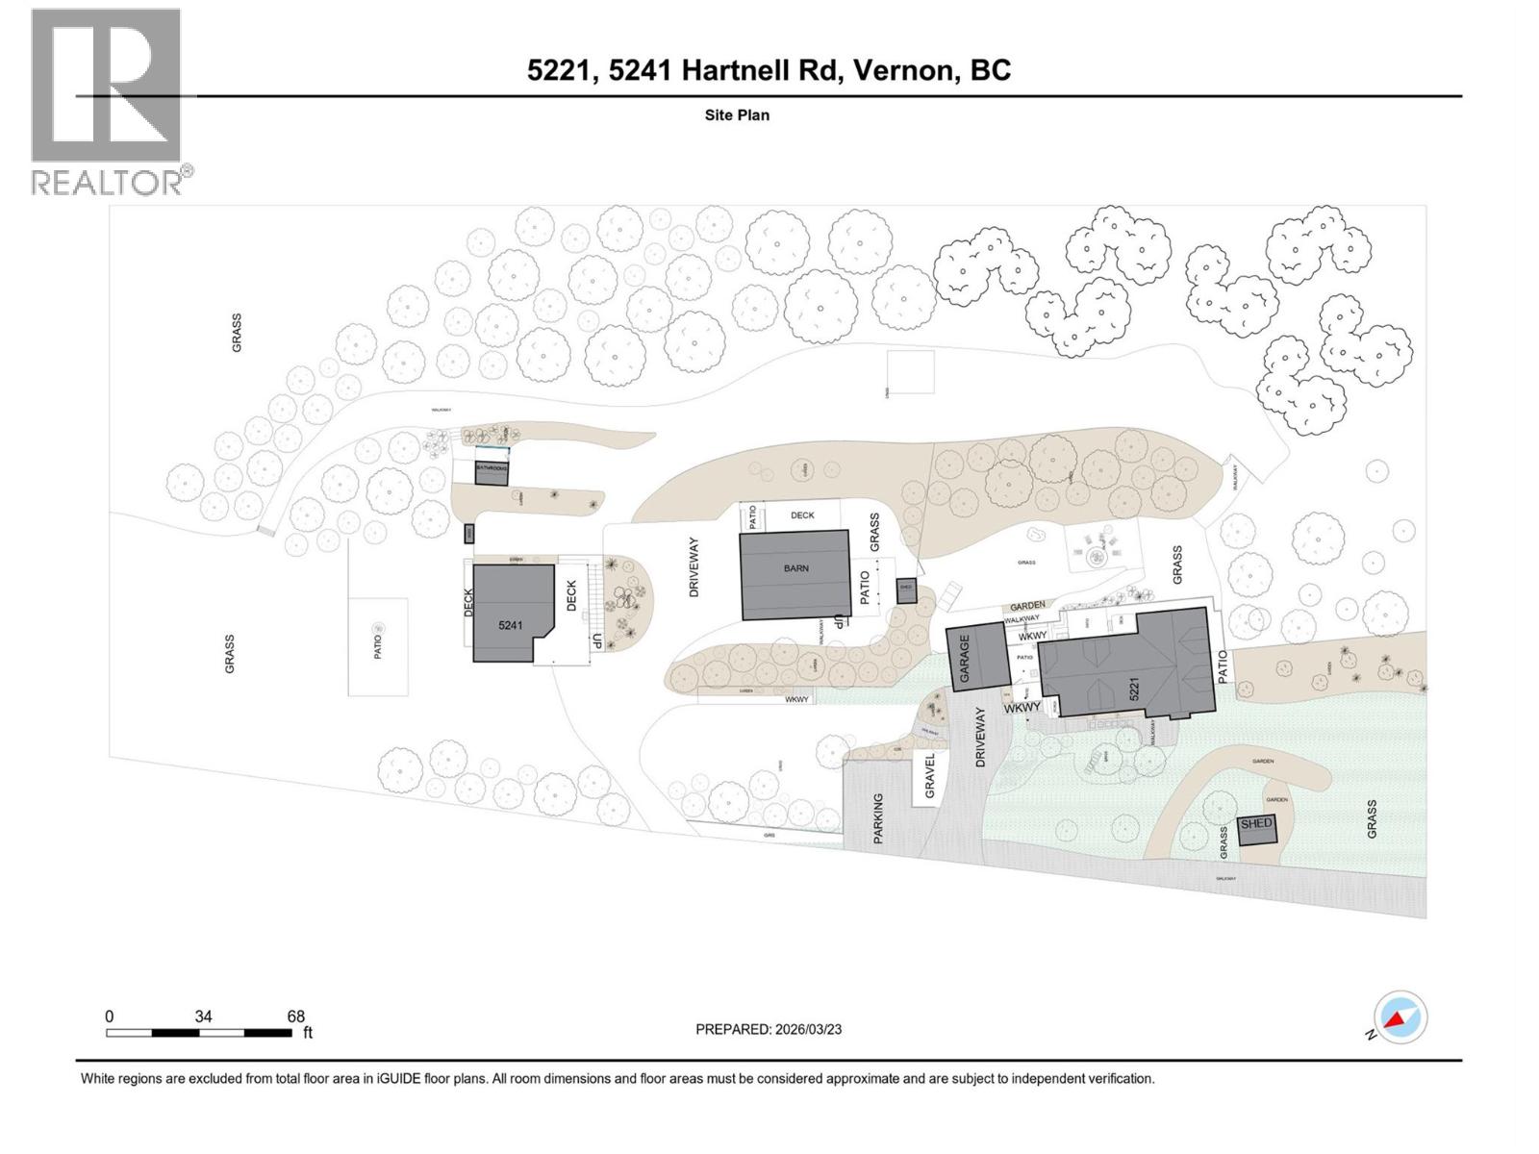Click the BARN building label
click(x=795, y=568)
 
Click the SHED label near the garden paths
click(x=1255, y=824)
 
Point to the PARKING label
click(x=877, y=818)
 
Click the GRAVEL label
click(x=930, y=776)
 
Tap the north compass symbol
click(x=1400, y=1018)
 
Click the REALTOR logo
click(x=108, y=101)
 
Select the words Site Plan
click(x=737, y=115)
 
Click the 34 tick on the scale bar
click(x=203, y=1016)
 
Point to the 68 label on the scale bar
click(x=295, y=1016)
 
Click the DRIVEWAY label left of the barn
click(x=694, y=567)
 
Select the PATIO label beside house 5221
click(x=1224, y=667)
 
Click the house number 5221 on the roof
click(x=1134, y=690)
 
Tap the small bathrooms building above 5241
click(x=492, y=471)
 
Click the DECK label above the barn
click(x=802, y=515)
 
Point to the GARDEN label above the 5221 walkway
click(x=1027, y=606)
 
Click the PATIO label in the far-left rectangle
click(x=377, y=646)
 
